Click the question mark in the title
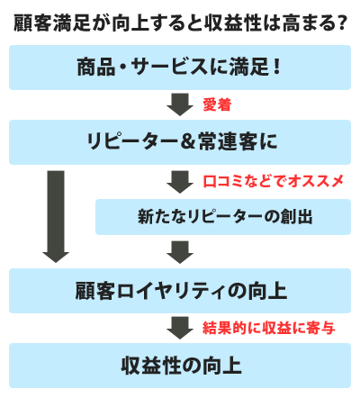point(341,23)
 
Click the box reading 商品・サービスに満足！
point(180,68)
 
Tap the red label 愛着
point(217,104)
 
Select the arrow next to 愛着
point(180,104)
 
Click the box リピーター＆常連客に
point(180,142)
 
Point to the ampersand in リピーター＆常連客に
point(188,142)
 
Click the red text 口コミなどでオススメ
point(273,181)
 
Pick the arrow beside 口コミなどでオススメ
point(180,182)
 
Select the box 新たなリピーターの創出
point(223,217)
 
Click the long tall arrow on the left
point(56,217)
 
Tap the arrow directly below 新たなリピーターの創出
point(180,252)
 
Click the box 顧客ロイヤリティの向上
point(180,291)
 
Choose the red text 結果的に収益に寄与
point(269,328)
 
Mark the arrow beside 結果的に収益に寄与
point(180,328)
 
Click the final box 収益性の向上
point(180,366)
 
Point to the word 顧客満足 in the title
point(51,23)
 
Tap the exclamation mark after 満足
point(276,67)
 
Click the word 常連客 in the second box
point(228,142)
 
